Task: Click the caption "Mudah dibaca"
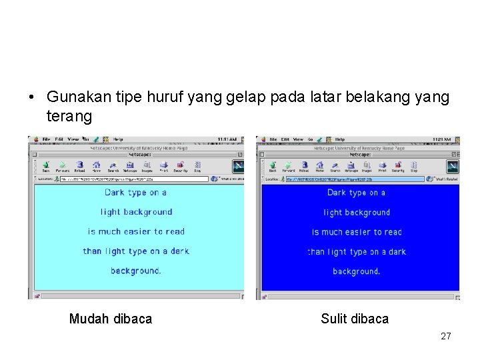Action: pyautogui.click(x=110, y=319)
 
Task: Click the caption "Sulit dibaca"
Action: pyautogui.click(x=354, y=319)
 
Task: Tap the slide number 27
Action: pyautogui.click(x=445, y=337)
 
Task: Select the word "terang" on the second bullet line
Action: pyautogui.click(x=69, y=117)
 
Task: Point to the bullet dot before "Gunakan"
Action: pyautogui.click(x=31, y=98)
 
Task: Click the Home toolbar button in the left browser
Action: pyautogui.click(x=96, y=166)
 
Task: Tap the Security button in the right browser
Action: pyautogui.click(x=398, y=167)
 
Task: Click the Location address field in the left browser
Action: pyautogui.click(x=133, y=179)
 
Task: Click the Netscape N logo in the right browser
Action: pyautogui.click(x=452, y=167)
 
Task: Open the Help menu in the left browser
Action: pyautogui.click(x=118, y=139)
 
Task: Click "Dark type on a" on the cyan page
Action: pyautogui.click(x=135, y=193)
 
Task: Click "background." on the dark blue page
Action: pyautogui.click(x=356, y=271)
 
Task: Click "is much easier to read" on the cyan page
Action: pyautogui.click(x=136, y=232)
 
